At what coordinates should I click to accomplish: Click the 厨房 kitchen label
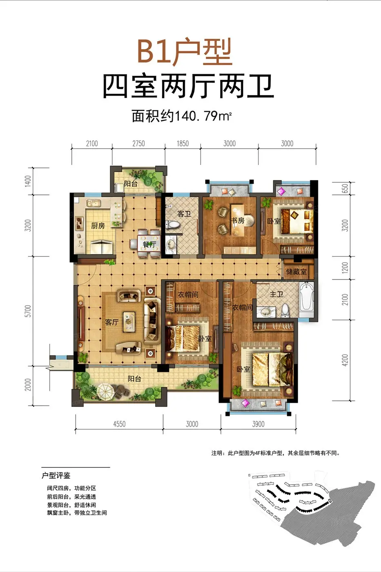pyautogui.click(x=98, y=226)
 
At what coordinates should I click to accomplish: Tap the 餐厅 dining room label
pyautogui.click(x=149, y=244)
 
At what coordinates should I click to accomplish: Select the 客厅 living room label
pyautogui.click(x=112, y=322)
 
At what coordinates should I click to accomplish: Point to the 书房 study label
pyautogui.click(x=238, y=220)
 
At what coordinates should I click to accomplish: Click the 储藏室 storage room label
pyautogui.click(x=296, y=272)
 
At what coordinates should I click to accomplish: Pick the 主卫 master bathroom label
pyautogui.click(x=276, y=295)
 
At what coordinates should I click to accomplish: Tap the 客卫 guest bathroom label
pyautogui.click(x=184, y=214)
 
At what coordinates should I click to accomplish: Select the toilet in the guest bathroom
pyautogui.click(x=173, y=225)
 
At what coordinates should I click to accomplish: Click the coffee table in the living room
pyautogui.click(x=129, y=322)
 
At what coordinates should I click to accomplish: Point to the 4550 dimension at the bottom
pyautogui.click(x=119, y=424)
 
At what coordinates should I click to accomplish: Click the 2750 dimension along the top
pyautogui.click(x=138, y=143)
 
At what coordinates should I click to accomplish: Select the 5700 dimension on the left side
pyautogui.click(x=28, y=311)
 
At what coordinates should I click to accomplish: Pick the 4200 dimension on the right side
pyautogui.click(x=345, y=360)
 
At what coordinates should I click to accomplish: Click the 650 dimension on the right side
pyautogui.click(x=345, y=188)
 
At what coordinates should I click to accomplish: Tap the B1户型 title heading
pyautogui.click(x=185, y=51)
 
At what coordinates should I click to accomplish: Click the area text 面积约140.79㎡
pyautogui.click(x=181, y=116)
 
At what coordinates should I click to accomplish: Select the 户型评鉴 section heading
pyautogui.click(x=56, y=476)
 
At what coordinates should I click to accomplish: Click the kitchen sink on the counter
pyautogui.click(x=93, y=203)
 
